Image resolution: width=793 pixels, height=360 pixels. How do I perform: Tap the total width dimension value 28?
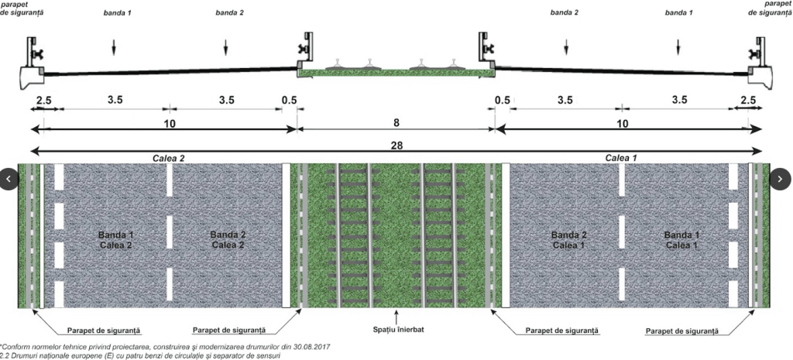click(x=397, y=145)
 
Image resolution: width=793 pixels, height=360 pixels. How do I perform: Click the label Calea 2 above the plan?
click(x=168, y=158)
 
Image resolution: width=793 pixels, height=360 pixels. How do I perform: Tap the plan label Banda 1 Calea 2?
click(x=116, y=240)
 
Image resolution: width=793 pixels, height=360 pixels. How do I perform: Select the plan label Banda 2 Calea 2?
click(x=228, y=240)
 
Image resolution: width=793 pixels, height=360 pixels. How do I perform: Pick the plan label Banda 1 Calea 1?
click(x=679, y=240)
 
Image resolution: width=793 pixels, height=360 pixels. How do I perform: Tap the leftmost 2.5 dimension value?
click(x=43, y=101)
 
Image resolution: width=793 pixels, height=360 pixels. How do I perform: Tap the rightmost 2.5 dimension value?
click(x=749, y=101)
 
